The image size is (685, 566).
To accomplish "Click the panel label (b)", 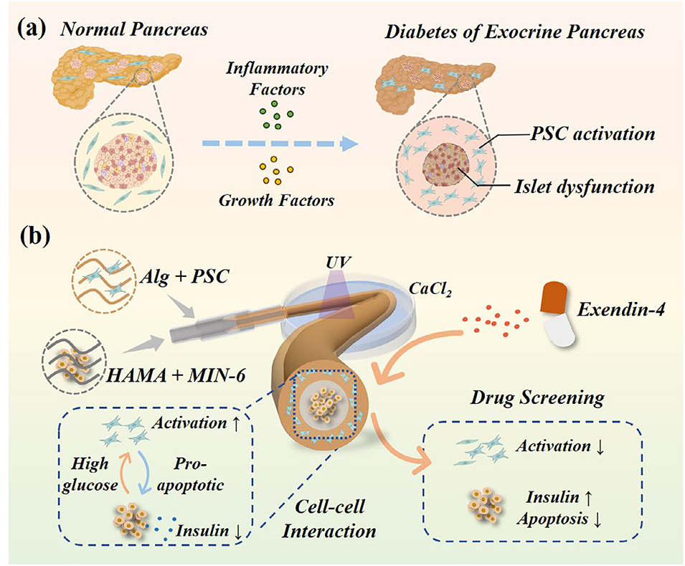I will pos(35,237).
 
